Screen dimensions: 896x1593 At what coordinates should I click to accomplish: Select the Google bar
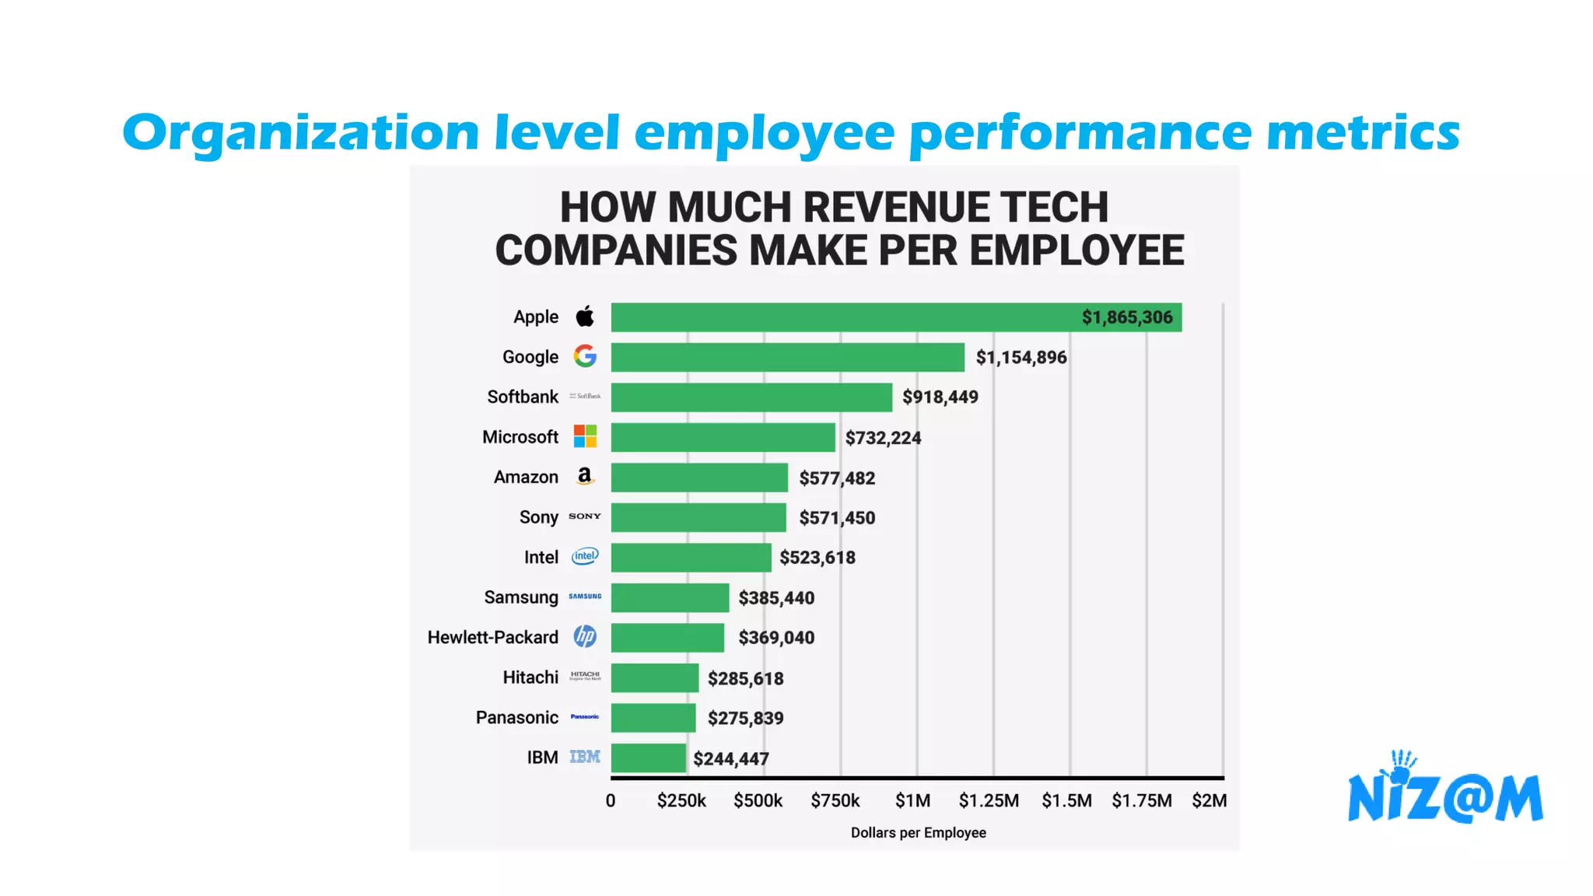click(787, 357)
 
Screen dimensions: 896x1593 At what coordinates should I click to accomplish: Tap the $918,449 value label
click(940, 397)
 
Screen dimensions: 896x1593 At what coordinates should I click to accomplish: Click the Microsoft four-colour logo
click(585, 436)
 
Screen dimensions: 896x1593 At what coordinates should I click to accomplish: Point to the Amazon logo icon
click(585, 476)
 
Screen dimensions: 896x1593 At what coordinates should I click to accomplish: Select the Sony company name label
click(538, 517)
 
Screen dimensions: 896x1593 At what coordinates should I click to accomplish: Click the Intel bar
click(691, 558)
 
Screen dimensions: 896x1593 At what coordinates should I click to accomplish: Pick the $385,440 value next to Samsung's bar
click(776, 598)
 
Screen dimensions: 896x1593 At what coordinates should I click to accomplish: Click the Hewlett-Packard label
click(492, 638)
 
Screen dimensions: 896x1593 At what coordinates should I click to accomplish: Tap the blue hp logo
click(585, 637)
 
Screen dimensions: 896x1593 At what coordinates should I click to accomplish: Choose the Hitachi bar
click(654, 678)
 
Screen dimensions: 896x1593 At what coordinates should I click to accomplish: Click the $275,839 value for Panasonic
click(745, 719)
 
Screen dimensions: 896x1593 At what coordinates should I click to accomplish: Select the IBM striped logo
click(585, 758)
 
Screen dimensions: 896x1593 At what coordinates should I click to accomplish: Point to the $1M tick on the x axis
click(912, 801)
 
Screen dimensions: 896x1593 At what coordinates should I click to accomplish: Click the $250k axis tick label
click(681, 801)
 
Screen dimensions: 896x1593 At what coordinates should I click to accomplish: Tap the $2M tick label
click(1209, 801)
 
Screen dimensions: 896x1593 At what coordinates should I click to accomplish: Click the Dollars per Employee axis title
click(918, 833)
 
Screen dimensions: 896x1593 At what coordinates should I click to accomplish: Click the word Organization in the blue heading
click(300, 133)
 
